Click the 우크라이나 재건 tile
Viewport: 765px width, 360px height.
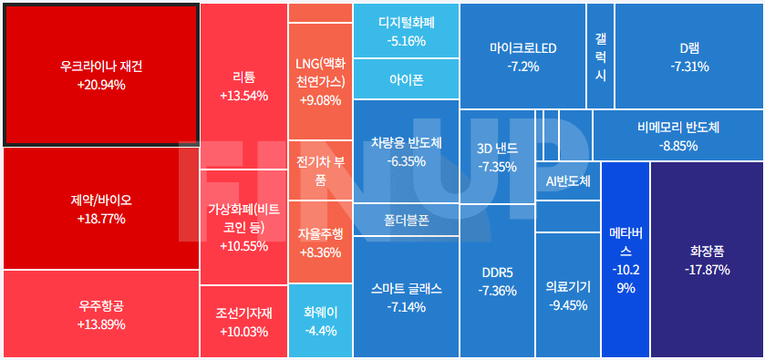point(101,75)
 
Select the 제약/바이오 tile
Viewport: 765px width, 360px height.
point(101,209)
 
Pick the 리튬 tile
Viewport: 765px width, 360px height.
point(243,86)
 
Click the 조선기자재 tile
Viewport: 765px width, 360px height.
point(243,322)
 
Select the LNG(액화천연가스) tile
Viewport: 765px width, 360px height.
point(319,81)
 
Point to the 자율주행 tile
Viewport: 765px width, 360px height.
point(319,242)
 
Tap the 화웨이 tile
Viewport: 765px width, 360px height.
point(319,320)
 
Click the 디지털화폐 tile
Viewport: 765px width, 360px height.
point(406,31)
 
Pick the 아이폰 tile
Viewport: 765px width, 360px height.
point(406,79)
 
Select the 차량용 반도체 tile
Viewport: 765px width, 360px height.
point(406,151)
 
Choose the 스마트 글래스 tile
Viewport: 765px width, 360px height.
point(406,297)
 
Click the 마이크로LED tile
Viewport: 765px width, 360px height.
point(522,57)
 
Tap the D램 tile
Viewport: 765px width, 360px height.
point(689,57)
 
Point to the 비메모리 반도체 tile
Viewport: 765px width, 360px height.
point(678,136)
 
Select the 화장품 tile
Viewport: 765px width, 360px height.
point(708,260)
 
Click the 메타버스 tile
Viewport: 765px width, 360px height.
point(625,260)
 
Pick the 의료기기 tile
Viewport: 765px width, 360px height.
point(567,295)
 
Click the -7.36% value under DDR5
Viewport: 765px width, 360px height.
point(497,291)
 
